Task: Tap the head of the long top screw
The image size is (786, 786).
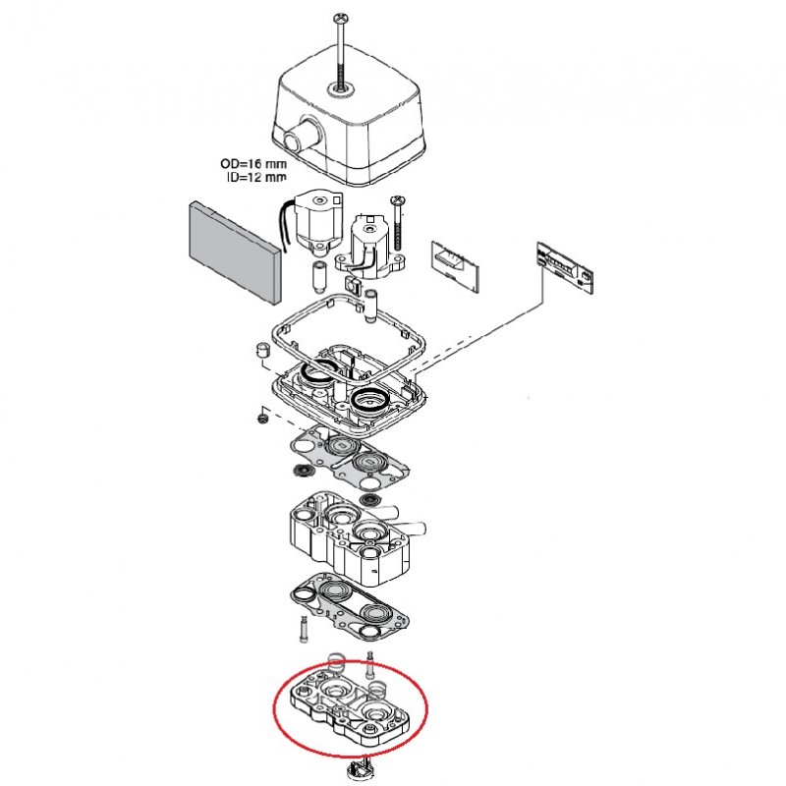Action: [341, 17]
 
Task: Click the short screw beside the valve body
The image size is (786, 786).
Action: [399, 216]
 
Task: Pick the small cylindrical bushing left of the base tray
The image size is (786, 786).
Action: [262, 351]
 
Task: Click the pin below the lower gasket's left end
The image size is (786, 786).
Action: [299, 627]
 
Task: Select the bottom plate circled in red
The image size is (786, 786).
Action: [350, 707]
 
